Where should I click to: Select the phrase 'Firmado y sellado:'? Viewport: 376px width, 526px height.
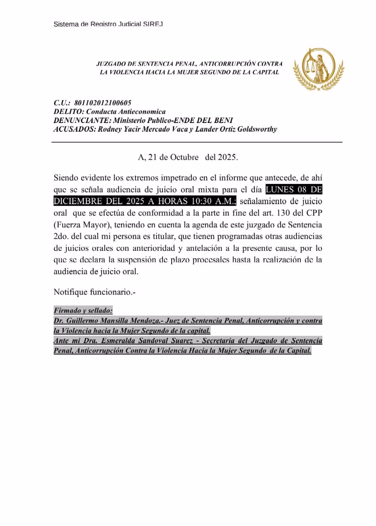83,311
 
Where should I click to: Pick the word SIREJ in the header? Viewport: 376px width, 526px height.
153,24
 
